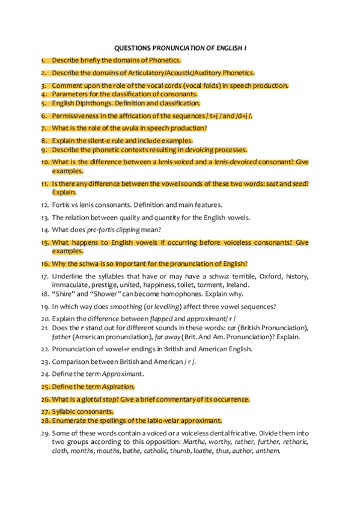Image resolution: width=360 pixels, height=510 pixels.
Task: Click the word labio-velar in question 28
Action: (158, 420)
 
